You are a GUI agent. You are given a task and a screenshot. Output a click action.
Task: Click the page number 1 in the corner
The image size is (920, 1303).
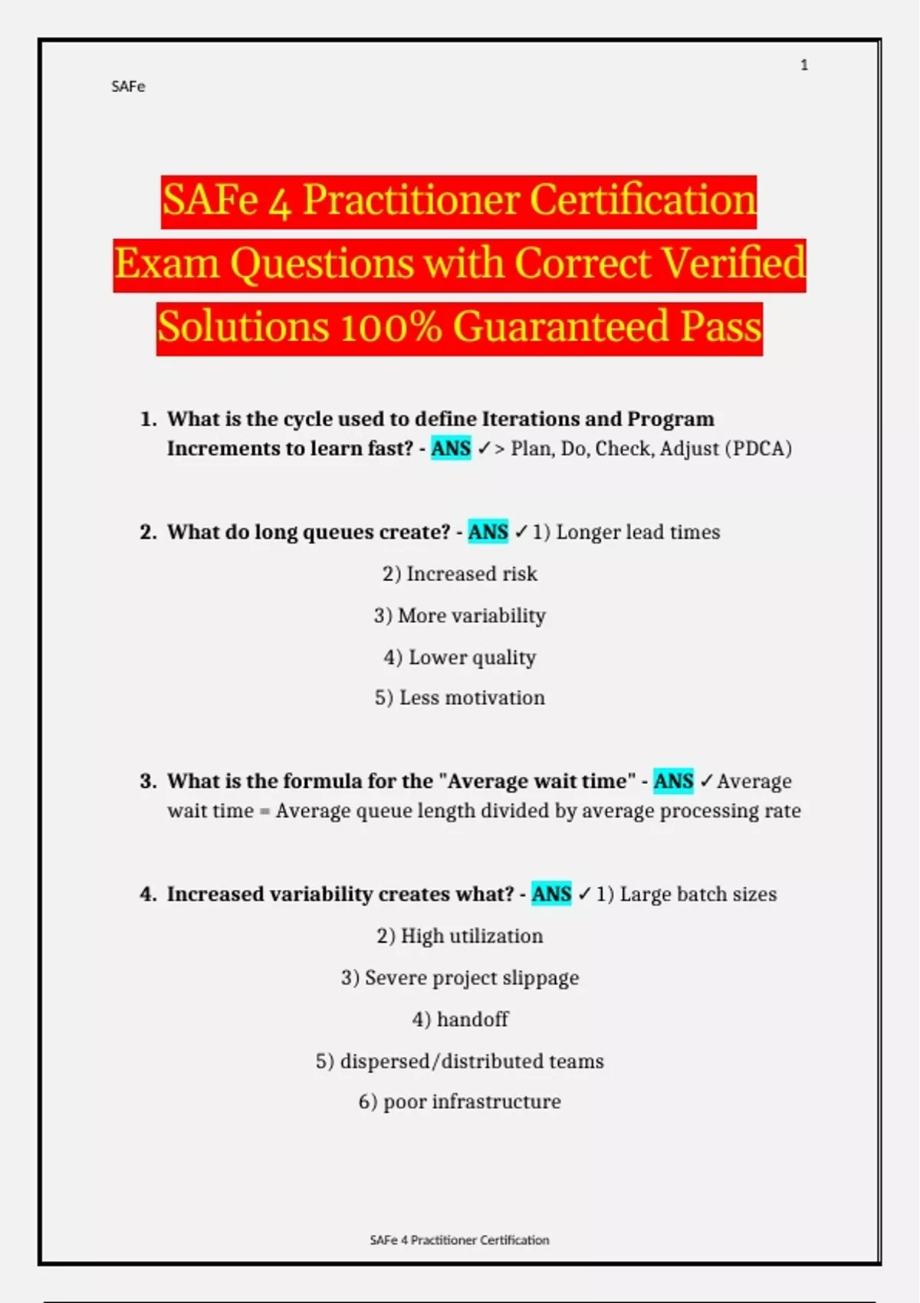[804, 65]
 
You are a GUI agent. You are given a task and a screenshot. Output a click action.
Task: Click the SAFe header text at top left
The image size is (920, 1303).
[128, 87]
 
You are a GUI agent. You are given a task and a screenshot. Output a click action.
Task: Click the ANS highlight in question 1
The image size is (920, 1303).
[451, 448]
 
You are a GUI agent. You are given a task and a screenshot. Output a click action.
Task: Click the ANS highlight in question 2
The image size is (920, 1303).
[488, 532]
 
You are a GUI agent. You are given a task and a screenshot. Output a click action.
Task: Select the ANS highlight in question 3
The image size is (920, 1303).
[673, 781]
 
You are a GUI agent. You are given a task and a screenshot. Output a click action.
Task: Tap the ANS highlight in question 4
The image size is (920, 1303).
[551, 894]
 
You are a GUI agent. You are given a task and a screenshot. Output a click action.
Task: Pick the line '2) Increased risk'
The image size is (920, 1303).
[460, 574]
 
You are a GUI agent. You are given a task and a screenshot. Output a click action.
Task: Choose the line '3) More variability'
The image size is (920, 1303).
[460, 615]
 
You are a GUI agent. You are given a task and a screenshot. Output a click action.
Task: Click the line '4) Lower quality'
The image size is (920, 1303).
[460, 658]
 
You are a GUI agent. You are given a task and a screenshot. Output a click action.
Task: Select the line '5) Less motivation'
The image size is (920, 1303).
[460, 698]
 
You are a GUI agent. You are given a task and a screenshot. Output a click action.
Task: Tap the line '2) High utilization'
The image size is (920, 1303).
[460, 936]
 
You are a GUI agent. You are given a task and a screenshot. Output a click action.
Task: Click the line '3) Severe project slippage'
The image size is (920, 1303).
[460, 978]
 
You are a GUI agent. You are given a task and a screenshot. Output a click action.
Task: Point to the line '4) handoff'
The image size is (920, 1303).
[460, 1019]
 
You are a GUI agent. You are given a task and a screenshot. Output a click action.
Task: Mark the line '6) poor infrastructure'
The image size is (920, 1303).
[460, 1102]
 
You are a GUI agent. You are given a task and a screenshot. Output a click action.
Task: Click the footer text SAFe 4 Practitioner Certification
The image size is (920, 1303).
[459, 1240]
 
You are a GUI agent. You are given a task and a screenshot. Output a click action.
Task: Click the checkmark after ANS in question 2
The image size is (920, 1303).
[521, 532]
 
